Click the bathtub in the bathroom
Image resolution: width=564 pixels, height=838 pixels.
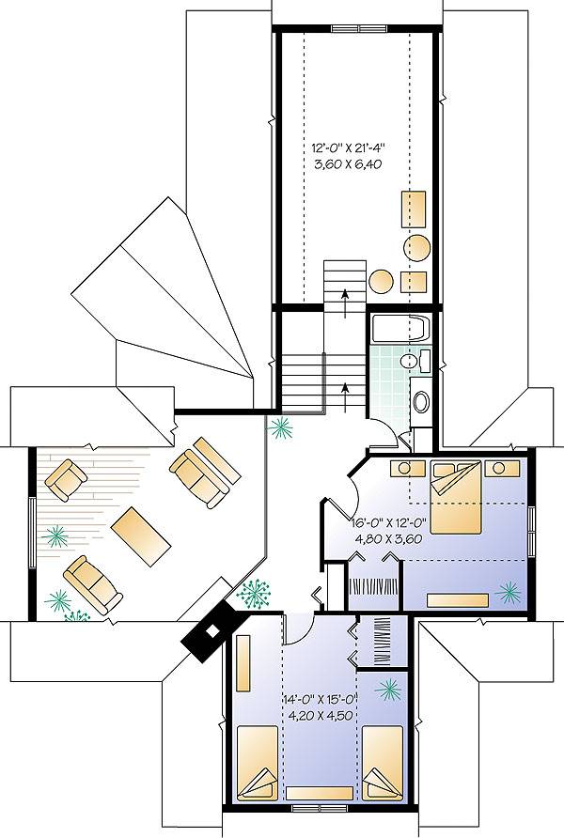pyautogui.click(x=398, y=330)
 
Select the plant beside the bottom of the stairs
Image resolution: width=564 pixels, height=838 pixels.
pyautogui.click(x=279, y=428)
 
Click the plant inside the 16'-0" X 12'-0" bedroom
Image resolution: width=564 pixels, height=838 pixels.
pyautogui.click(x=509, y=591)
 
